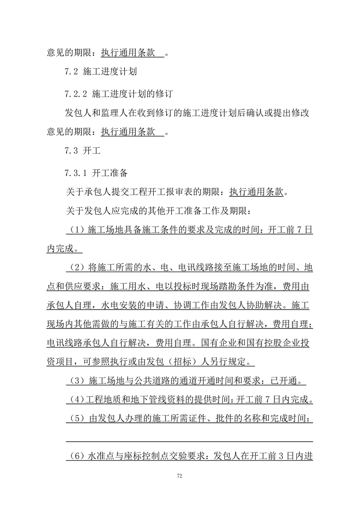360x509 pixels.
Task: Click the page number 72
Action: point(180,476)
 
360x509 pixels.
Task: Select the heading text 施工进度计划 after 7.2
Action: point(110,72)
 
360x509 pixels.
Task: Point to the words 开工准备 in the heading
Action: point(110,173)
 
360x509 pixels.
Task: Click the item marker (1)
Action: point(75,231)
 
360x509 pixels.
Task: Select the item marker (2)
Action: point(75,268)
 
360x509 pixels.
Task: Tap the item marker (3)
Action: point(75,380)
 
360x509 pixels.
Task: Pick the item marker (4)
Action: point(75,400)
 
